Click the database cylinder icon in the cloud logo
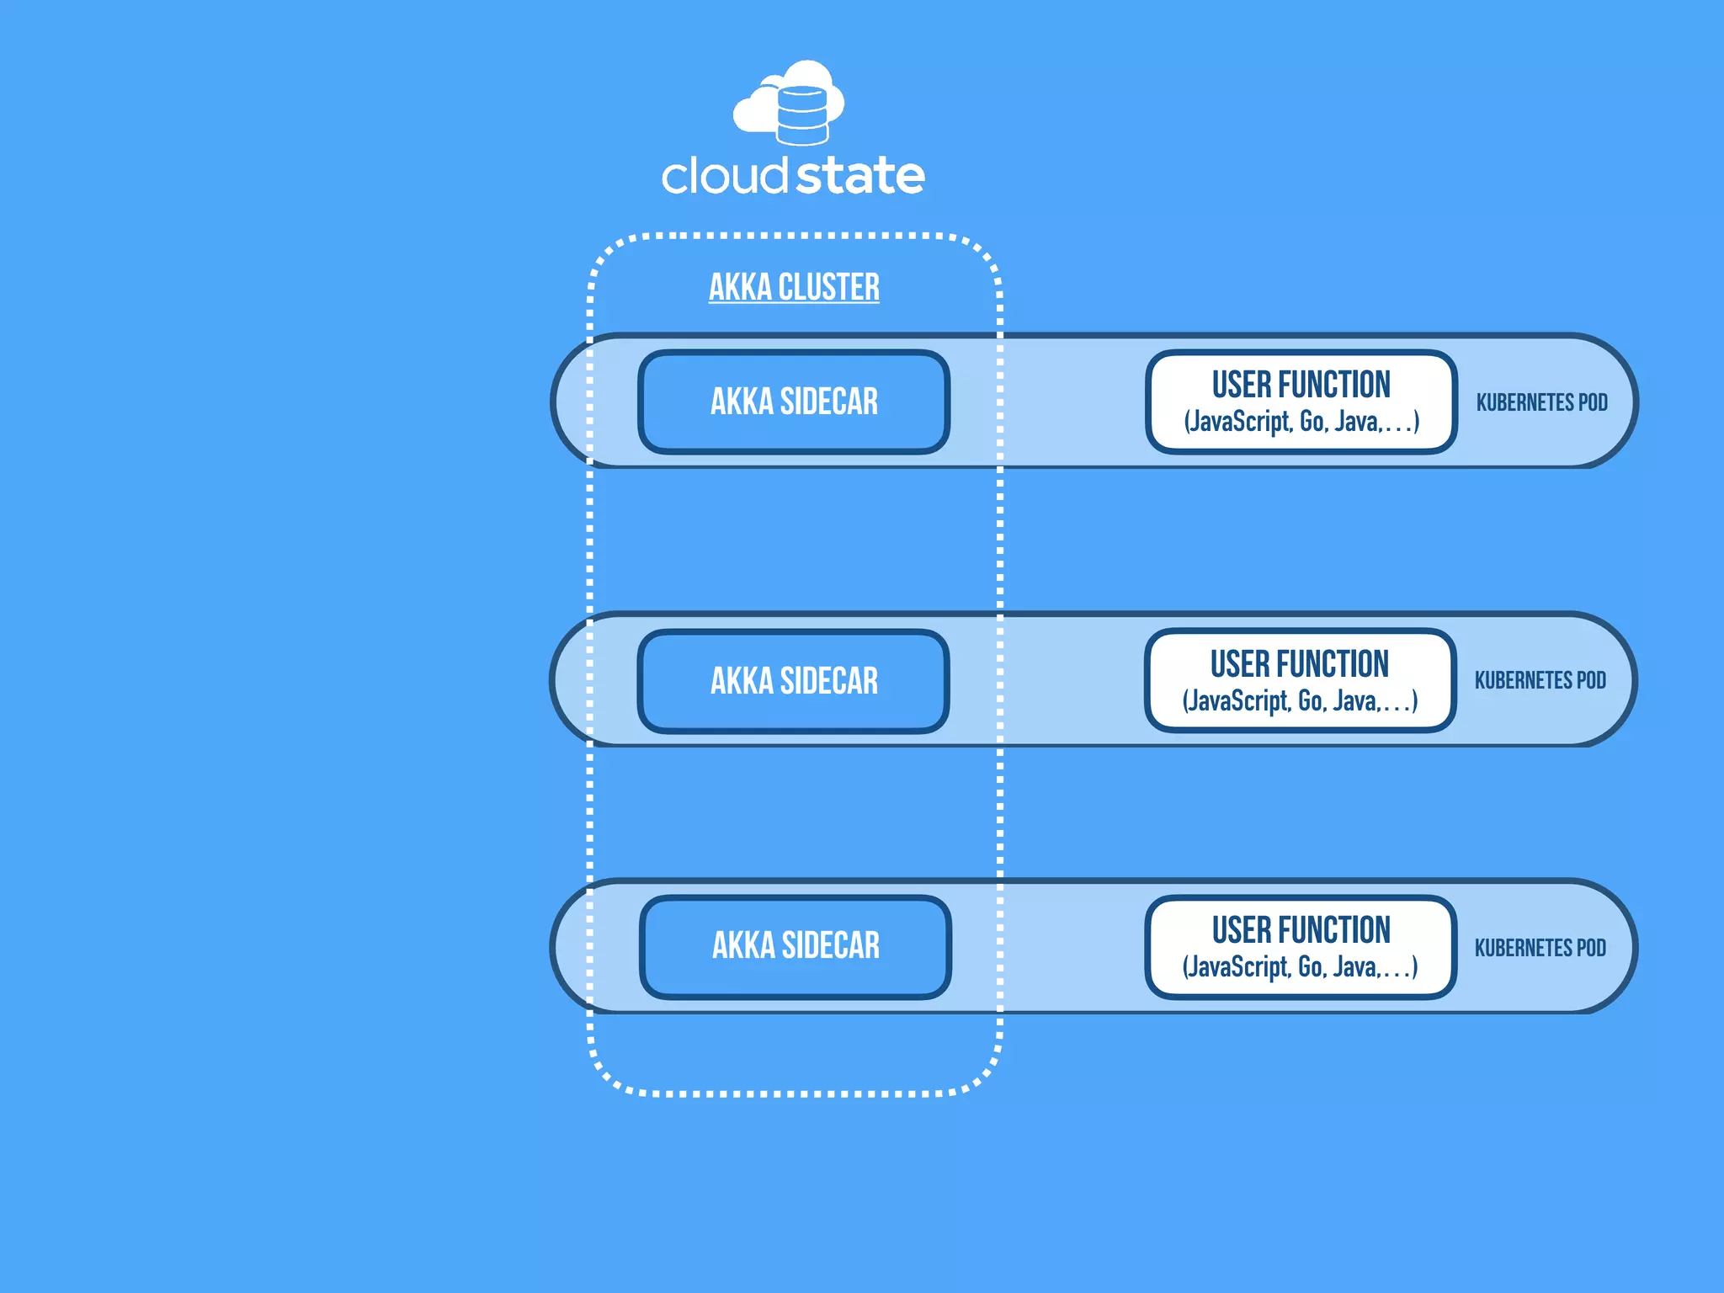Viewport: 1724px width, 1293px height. [801, 114]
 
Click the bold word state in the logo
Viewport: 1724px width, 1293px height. [859, 176]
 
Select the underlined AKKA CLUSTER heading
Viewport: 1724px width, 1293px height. [794, 287]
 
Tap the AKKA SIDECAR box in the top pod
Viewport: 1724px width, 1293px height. [794, 402]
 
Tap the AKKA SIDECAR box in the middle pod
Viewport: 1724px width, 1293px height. [794, 681]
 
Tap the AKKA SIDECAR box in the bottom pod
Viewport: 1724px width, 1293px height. [795, 946]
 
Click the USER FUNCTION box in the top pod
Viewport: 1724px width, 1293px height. [1301, 402]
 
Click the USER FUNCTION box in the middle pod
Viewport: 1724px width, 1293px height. [1300, 680]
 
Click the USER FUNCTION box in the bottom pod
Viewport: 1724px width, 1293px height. [1301, 946]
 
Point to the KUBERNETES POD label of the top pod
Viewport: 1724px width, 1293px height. [1541, 402]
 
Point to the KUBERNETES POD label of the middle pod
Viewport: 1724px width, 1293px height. [1540, 680]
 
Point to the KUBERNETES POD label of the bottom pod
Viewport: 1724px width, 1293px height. [1540, 948]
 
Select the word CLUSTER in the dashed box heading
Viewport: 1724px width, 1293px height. [828, 287]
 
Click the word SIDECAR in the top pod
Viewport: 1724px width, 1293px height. [829, 402]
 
